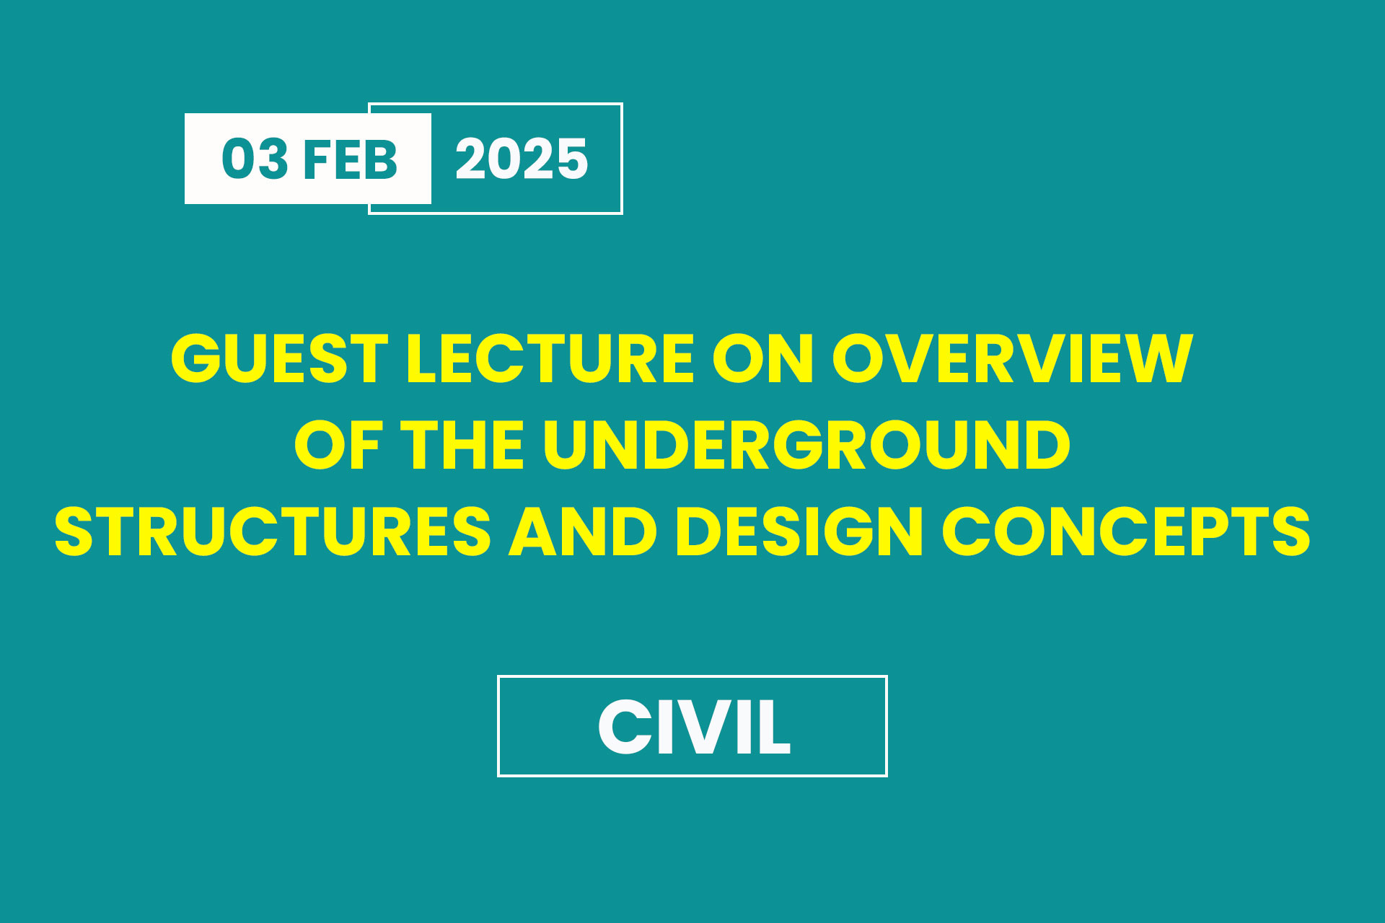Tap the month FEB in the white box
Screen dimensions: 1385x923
coord(351,159)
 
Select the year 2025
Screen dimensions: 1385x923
coord(522,159)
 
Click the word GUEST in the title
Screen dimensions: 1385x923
coord(280,358)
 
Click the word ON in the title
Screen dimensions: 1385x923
coord(763,358)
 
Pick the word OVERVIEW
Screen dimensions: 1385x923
coord(1013,358)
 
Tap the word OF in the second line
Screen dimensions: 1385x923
coord(338,445)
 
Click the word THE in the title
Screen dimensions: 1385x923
coord(462,445)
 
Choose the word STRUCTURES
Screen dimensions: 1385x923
coord(273,531)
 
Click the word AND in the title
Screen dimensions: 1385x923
coord(583,531)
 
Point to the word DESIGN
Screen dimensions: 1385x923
coord(799,531)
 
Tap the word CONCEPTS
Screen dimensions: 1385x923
coord(1126,531)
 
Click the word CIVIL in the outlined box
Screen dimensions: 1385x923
coord(694,727)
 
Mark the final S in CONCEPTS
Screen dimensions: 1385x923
coord(1290,531)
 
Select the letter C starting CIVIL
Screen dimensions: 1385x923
coord(623,727)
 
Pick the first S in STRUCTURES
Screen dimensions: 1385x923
coord(75,531)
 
